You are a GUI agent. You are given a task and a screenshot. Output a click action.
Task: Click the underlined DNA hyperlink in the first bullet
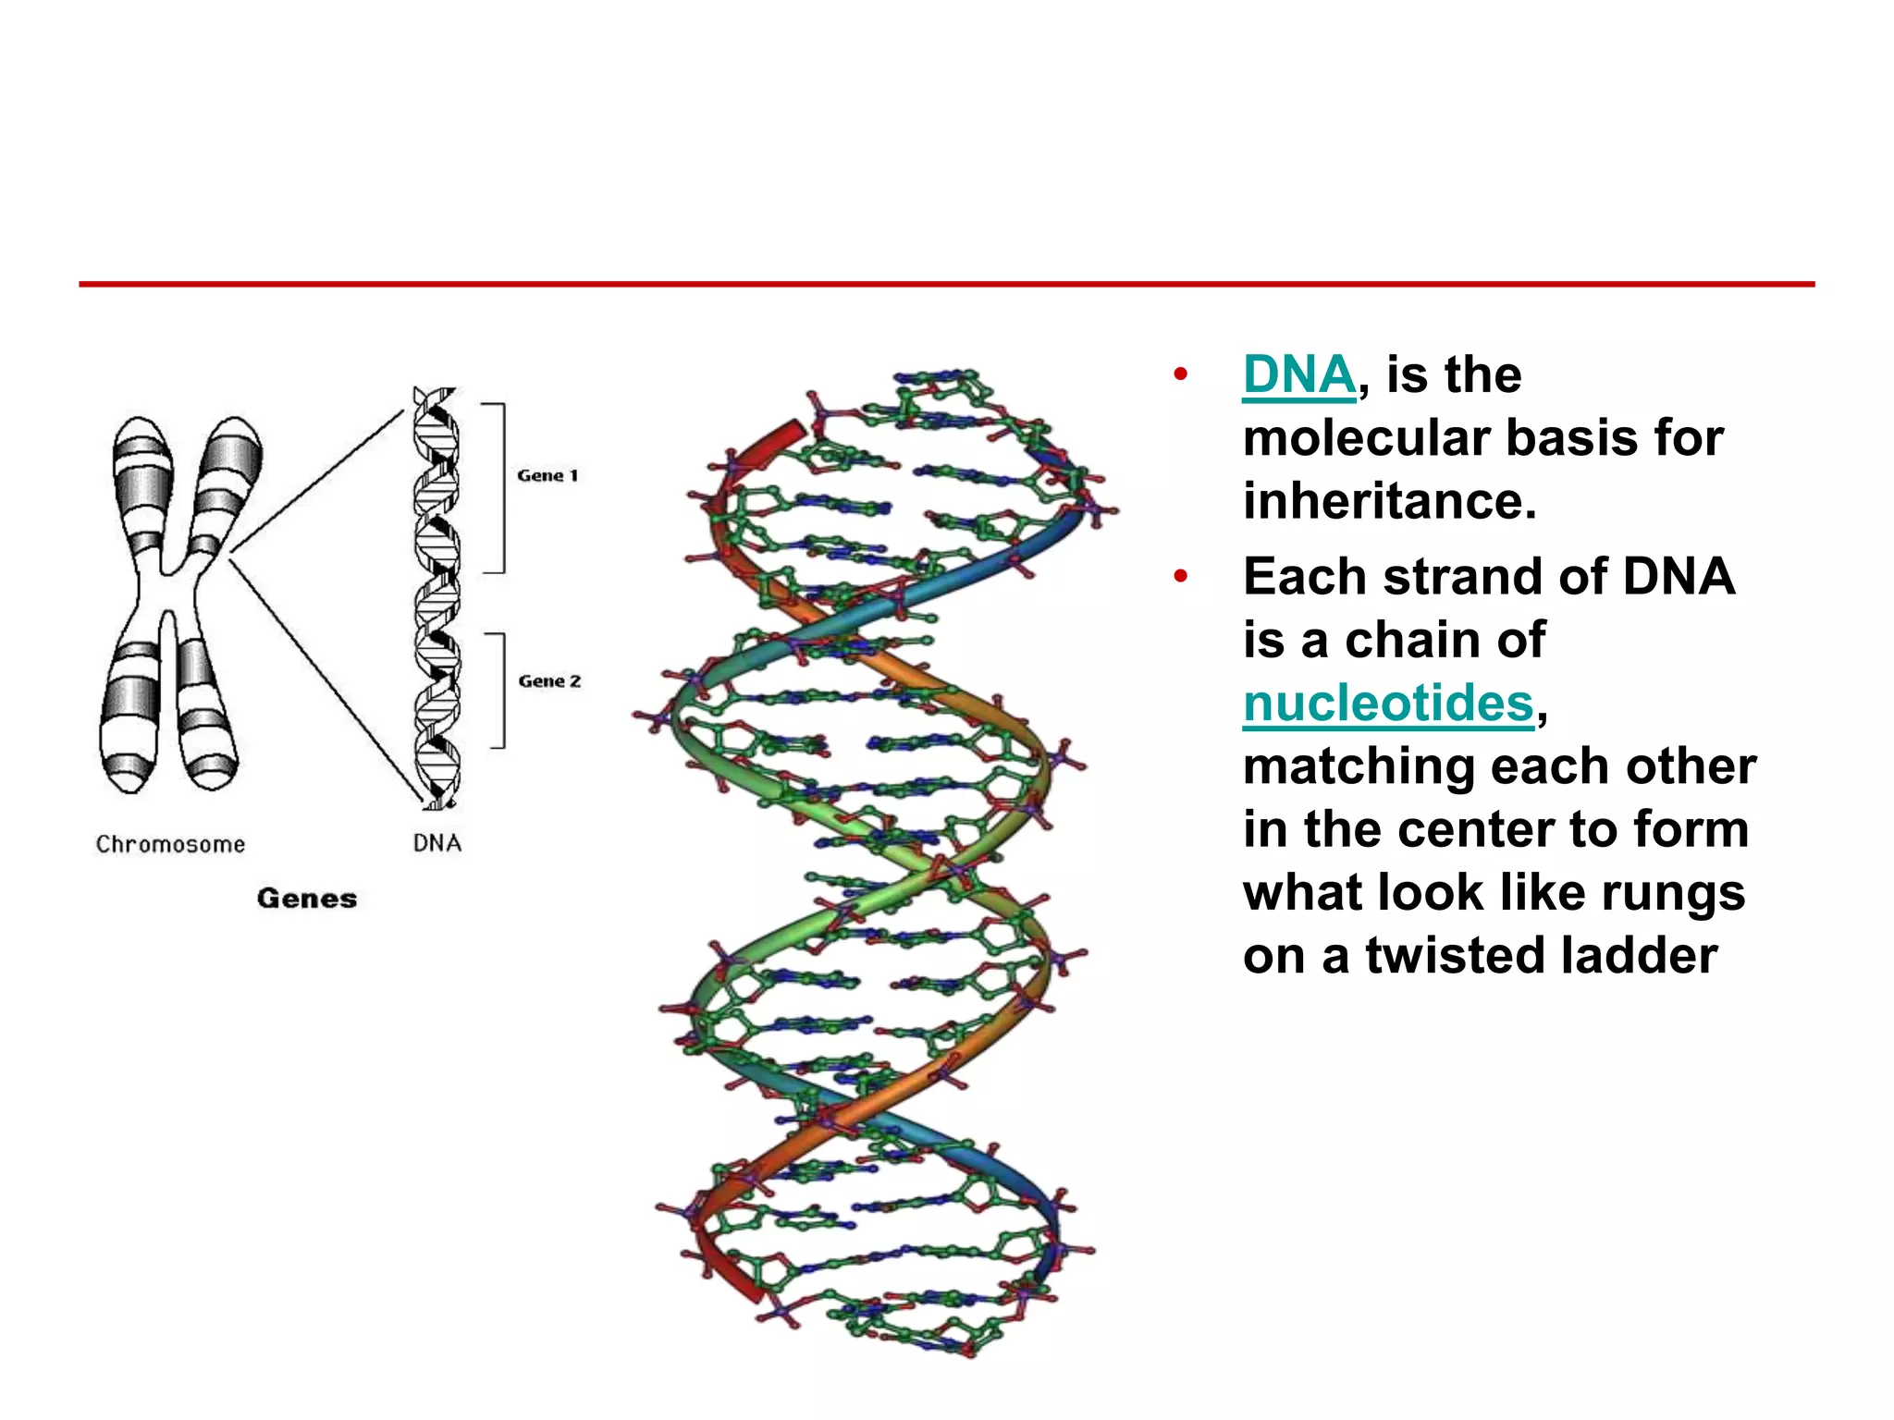[x=1298, y=375]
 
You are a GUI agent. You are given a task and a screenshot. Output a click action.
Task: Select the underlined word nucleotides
[x=1388, y=704]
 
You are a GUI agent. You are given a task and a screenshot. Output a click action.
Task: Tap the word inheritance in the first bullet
[x=1389, y=501]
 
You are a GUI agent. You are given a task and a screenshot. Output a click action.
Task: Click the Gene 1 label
[x=547, y=475]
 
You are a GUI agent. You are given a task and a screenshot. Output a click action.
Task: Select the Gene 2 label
[x=549, y=681]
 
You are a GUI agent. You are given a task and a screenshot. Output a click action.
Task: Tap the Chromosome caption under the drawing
[x=170, y=844]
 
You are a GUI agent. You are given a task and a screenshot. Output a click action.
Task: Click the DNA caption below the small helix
[x=437, y=843]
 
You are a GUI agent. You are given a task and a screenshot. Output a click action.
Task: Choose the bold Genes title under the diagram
[x=307, y=899]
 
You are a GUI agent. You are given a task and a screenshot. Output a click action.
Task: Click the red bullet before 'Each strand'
[x=1180, y=577]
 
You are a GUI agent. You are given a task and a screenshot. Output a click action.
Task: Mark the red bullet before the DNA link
[x=1180, y=375]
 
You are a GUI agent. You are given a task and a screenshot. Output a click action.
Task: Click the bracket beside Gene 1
[x=500, y=488]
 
